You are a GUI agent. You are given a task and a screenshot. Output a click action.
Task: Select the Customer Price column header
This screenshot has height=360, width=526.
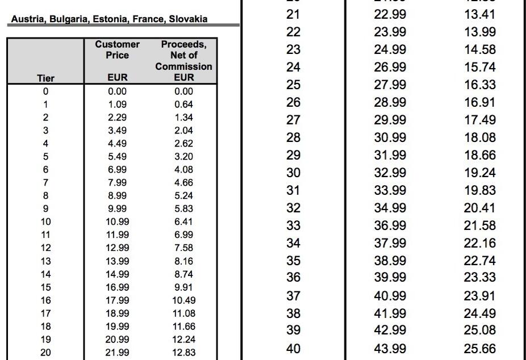pos(117,49)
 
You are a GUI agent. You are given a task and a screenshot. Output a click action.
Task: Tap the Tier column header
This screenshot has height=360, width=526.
pos(45,78)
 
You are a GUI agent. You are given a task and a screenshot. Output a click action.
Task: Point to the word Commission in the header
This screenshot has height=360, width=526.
pos(183,66)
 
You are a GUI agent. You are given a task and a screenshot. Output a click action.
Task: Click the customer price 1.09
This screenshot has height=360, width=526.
pos(117,104)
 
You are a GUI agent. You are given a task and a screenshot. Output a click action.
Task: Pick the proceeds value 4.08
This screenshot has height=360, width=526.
pos(183,169)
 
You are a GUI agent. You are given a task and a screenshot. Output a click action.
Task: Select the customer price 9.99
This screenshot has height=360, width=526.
pos(117,208)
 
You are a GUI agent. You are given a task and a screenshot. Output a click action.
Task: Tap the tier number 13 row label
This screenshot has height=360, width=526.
pos(45,261)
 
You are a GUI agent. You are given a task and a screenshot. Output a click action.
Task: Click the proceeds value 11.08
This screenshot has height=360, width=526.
pos(183,313)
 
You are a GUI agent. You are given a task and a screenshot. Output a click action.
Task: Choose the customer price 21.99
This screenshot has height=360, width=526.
pos(117,353)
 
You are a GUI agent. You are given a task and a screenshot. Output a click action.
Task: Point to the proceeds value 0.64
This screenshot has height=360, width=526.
pos(183,104)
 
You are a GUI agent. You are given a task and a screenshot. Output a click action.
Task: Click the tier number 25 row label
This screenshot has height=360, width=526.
pos(293,85)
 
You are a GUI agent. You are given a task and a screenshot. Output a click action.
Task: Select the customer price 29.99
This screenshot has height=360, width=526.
pos(390,120)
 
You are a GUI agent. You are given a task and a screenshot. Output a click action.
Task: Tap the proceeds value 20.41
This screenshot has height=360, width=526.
pos(480,208)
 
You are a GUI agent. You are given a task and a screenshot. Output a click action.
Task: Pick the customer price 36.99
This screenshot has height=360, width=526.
pos(390,225)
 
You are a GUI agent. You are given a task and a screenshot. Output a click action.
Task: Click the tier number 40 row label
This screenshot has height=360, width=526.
pos(293,349)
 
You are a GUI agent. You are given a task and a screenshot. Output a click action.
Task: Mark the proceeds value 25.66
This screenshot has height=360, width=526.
pos(480,349)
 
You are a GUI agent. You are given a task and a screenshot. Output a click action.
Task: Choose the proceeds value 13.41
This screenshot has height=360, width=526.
pos(480,14)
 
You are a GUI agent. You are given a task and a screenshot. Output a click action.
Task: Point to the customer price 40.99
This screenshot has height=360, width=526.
pos(390,296)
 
